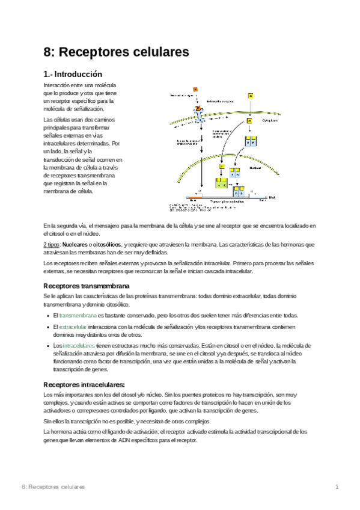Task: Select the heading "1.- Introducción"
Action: (x=78, y=75)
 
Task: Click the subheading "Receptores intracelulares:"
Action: (x=85, y=384)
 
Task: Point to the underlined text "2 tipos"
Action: (x=52, y=245)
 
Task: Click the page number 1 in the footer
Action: (x=337, y=486)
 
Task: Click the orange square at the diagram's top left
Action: (x=195, y=89)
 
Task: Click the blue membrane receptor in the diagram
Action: (x=199, y=117)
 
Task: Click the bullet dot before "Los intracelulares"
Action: (x=47, y=346)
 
